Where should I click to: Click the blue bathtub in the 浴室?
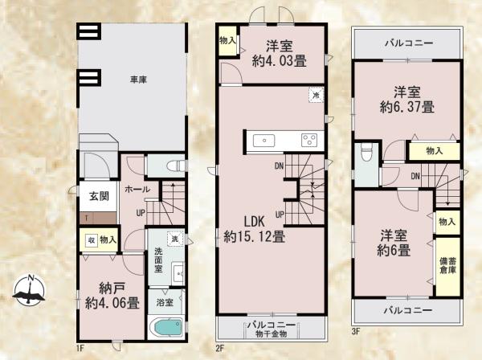point(166,329)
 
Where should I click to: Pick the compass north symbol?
point(28,290)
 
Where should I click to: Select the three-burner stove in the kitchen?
point(308,141)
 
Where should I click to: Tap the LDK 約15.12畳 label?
point(254,229)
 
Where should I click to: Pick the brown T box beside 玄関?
point(85,218)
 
